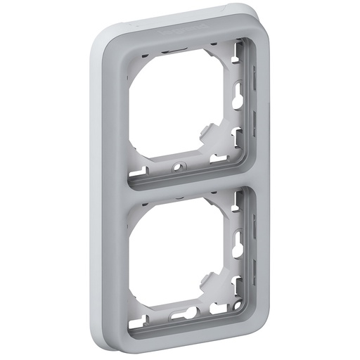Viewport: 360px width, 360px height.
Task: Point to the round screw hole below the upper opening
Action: point(176,167)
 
